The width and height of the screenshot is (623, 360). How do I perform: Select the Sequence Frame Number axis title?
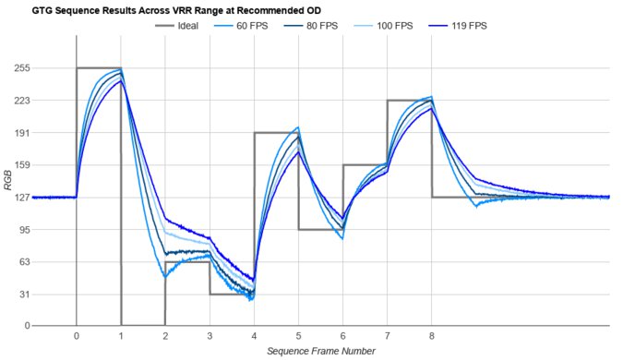[320, 351]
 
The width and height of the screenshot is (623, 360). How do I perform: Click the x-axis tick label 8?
[432, 336]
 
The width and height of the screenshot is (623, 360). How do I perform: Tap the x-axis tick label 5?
[298, 336]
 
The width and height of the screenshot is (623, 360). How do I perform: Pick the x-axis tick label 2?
[165, 336]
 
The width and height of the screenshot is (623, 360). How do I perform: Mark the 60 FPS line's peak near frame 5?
[297, 127]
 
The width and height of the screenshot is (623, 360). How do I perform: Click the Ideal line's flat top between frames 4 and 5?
[276, 133]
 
